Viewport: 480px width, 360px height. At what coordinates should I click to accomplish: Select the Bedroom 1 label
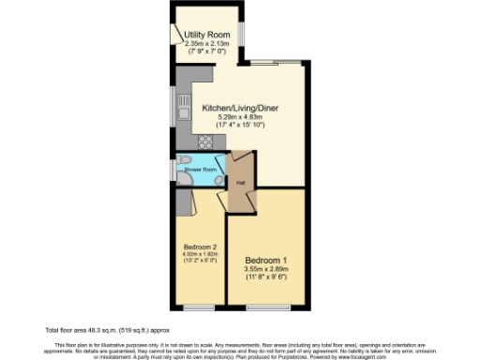pos(266,260)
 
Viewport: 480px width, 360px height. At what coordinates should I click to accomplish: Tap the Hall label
pos(241,182)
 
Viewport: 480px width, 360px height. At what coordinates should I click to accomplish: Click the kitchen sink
pos(182,118)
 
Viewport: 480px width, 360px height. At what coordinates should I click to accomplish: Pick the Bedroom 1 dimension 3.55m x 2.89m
pos(266,270)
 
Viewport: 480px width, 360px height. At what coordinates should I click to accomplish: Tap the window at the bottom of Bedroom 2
pos(199,307)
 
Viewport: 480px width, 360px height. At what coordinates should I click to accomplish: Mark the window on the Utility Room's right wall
pos(241,35)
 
